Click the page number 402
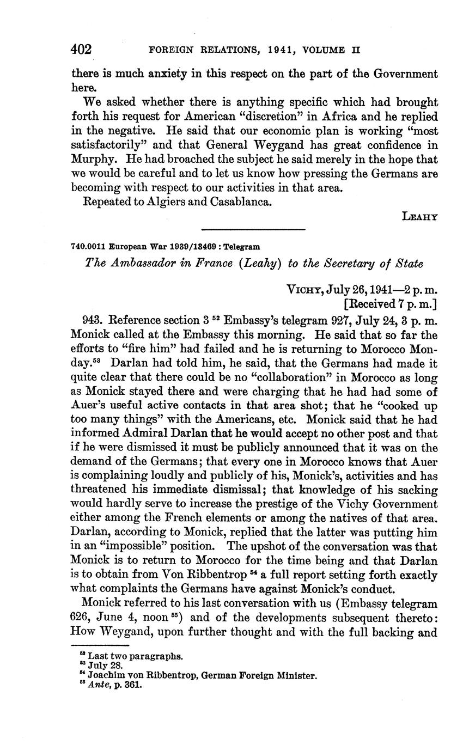[81, 50]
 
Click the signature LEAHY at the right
[419, 216]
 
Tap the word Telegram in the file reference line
[241, 246]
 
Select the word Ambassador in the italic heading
[136, 264]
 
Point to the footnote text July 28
[106, 665]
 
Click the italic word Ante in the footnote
[98, 685]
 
